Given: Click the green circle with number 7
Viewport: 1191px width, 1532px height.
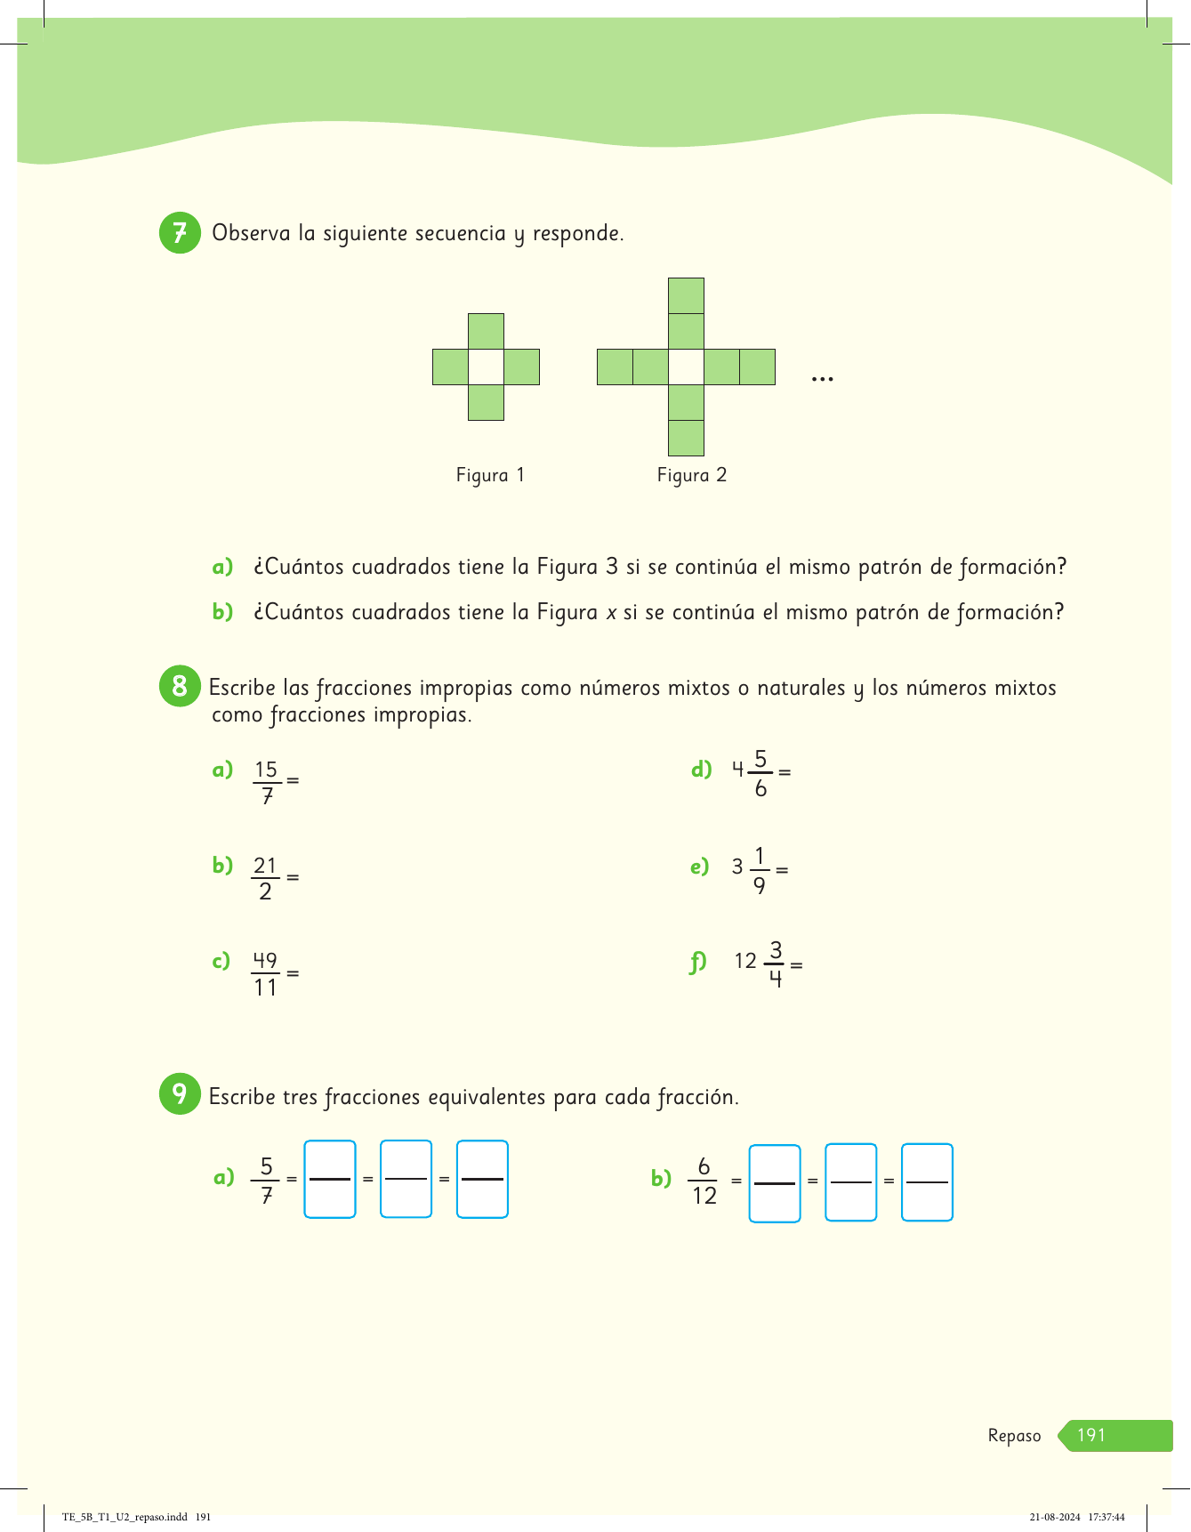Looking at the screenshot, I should click(180, 233).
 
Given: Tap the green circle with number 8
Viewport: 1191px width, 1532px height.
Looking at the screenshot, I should click(180, 687).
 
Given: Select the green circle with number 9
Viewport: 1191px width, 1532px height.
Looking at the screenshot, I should click(180, 1093).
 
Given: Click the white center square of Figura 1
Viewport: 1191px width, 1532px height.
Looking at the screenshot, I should click(486, 367).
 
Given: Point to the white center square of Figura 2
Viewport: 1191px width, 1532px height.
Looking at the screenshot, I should click(686, 367).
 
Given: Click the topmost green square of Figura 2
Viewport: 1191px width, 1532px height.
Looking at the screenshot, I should click(686, 295).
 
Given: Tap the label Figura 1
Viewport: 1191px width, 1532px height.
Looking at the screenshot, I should click(490, 475).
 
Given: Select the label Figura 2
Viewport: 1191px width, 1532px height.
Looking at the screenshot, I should click(692, 475).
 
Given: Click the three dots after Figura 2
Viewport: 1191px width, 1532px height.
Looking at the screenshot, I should click(823, 380).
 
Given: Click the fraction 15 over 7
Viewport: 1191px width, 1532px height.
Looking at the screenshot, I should click(266, 782).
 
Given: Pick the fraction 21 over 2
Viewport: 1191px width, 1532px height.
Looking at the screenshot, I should click(265, 878).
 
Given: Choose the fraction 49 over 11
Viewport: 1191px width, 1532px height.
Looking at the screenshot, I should click(265, 974).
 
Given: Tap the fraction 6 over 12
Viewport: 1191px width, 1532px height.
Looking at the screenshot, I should click(704, 1181).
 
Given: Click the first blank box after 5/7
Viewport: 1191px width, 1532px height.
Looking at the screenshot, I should click(330, 1179).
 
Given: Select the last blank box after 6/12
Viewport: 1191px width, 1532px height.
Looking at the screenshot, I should click(927, 1182).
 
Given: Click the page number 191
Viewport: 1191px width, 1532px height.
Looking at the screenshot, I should click(1091, 1435).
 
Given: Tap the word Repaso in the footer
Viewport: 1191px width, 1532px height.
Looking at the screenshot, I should click(1014, 1436).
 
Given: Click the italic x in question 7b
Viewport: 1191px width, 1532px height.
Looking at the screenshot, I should click(611, 613).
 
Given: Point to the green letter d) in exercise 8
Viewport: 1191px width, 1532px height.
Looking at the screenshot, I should click(701, 770).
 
